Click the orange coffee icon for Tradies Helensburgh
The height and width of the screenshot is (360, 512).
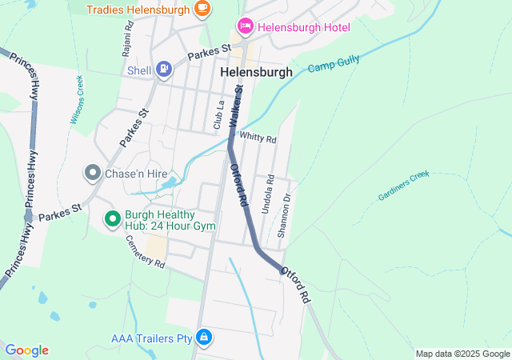202,10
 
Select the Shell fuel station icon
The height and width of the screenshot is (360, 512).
164,70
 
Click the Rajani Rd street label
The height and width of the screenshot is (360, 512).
127,37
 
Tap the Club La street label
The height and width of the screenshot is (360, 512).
218,114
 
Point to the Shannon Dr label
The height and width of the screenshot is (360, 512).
283,214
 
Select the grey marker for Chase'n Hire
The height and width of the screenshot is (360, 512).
92,172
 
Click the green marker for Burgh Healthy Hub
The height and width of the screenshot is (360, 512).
113,218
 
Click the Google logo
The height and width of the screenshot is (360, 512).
26,350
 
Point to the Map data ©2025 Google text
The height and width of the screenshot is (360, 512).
462,354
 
